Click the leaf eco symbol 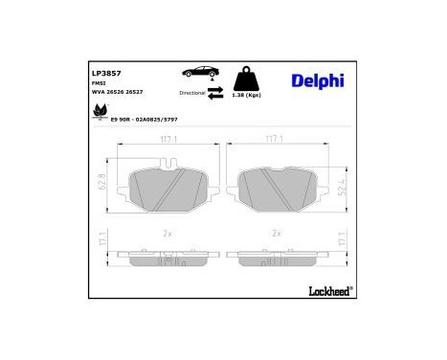pyautogui.click(x=98, y=114)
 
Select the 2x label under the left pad pyautogui.click(x=167, y=233)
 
